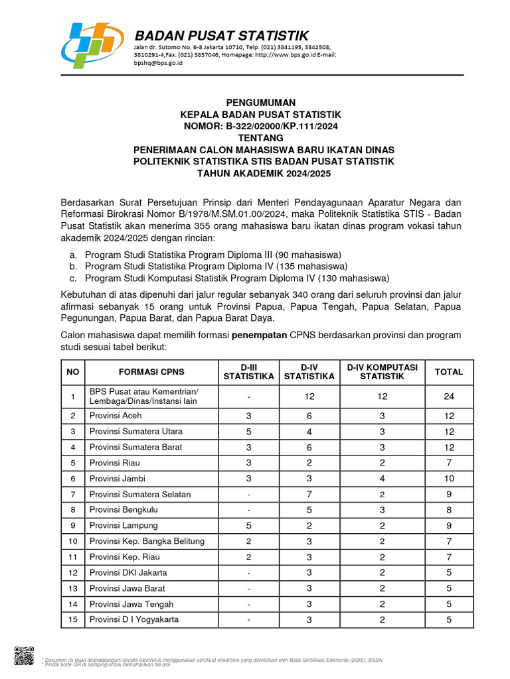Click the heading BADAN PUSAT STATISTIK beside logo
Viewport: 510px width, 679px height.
222,36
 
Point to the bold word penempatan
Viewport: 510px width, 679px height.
258,336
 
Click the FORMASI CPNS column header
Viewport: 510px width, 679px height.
151,372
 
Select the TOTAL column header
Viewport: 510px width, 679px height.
448,372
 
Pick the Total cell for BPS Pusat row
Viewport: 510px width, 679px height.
448,397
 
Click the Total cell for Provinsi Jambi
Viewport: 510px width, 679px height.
448,478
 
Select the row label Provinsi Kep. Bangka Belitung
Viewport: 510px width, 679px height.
147,541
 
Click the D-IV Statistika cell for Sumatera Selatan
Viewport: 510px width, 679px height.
309,494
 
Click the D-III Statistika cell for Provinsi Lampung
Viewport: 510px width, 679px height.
248,525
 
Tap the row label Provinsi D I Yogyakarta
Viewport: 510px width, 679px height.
133,620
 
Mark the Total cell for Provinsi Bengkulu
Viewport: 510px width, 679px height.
448,510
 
